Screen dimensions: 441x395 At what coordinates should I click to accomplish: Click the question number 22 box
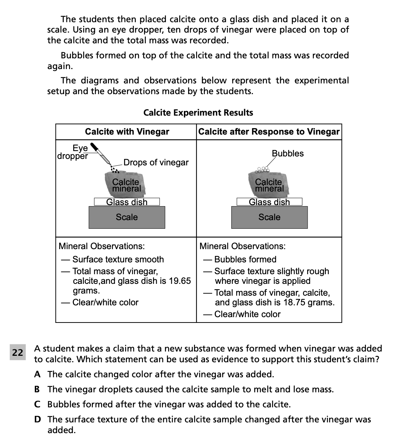point(17,353)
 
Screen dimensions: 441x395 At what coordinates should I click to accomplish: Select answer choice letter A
point(37,374)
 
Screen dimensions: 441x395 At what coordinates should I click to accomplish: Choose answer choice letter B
point(37,389)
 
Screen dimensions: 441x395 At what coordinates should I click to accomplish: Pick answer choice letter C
point(37,404)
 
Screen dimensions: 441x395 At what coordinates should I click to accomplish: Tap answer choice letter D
point(37,420)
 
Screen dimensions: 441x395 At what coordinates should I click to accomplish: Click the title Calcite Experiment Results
point(198,113)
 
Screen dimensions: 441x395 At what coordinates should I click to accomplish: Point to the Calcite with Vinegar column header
point(127,132)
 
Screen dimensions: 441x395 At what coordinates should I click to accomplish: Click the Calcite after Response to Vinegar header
point(269,132)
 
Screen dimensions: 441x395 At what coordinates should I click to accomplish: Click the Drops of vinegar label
point(156,163)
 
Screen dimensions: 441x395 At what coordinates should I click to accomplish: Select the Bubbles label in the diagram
point(287,154)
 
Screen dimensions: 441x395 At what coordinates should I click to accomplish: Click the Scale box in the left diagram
point(127,217)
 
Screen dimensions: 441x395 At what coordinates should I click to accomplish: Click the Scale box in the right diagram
point(269,217)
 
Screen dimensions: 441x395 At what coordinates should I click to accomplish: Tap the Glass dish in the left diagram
point(127,202)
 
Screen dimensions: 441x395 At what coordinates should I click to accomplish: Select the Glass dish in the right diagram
point(269,202)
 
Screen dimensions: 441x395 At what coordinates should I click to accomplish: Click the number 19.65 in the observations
point(180,281)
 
